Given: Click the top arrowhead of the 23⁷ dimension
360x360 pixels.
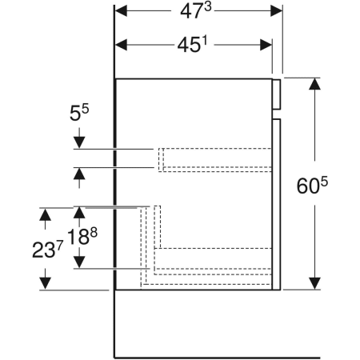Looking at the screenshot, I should click(x=45, y=214).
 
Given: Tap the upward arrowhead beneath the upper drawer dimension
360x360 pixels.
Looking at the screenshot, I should click(x=79, y=173).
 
